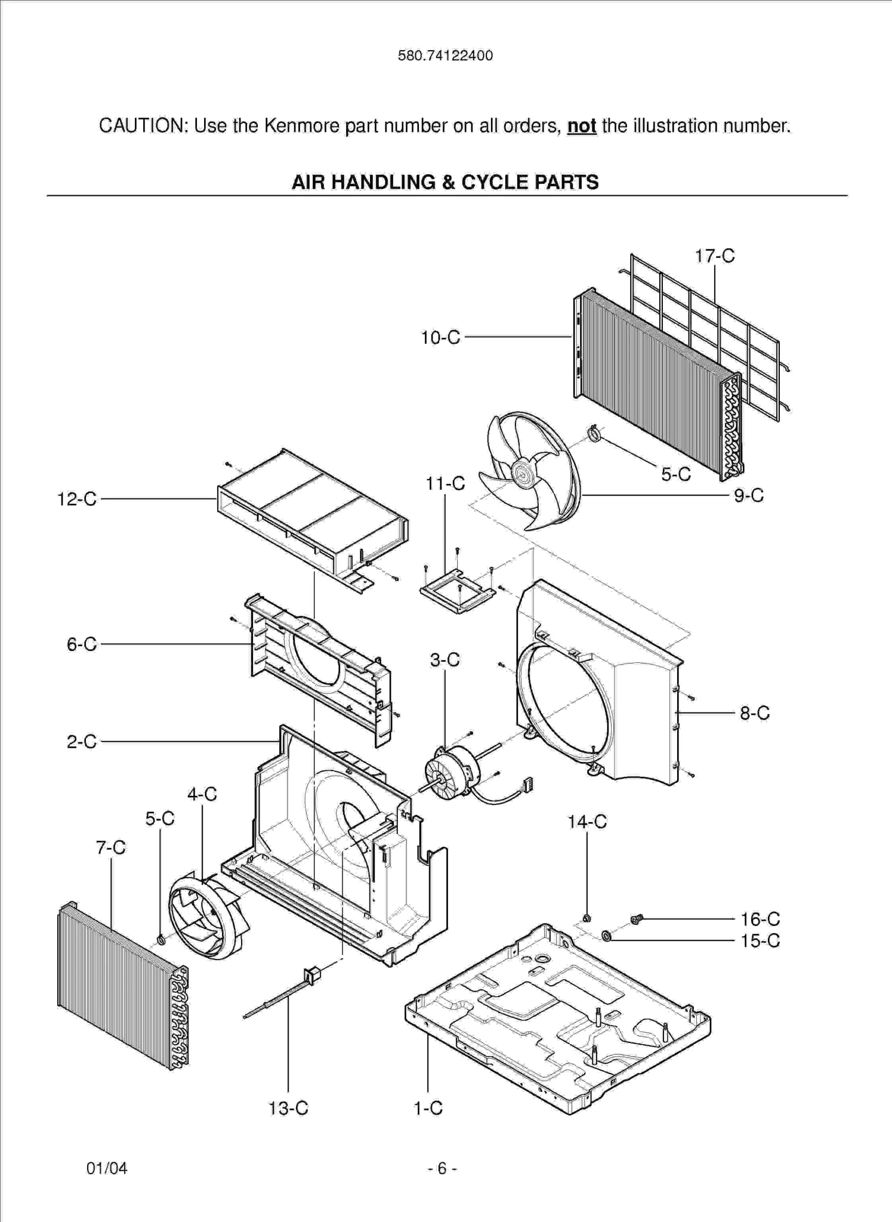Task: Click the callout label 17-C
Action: tap(714, 256)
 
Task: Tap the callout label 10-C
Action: tap(440, 338)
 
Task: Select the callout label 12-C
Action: tap(76, 499)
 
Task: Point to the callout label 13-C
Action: tap(288, 1108)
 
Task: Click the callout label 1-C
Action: tap(428, 1108)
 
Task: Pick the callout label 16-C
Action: tap(760, 919)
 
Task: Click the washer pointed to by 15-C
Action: tap(606, 935)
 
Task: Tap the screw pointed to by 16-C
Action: tap(635, 919)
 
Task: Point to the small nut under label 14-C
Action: tap(586, 918)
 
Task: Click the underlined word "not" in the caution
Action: tap(581, 126)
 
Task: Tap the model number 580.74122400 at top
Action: tap(445, 55)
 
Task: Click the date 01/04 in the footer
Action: tap(107, 1168)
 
